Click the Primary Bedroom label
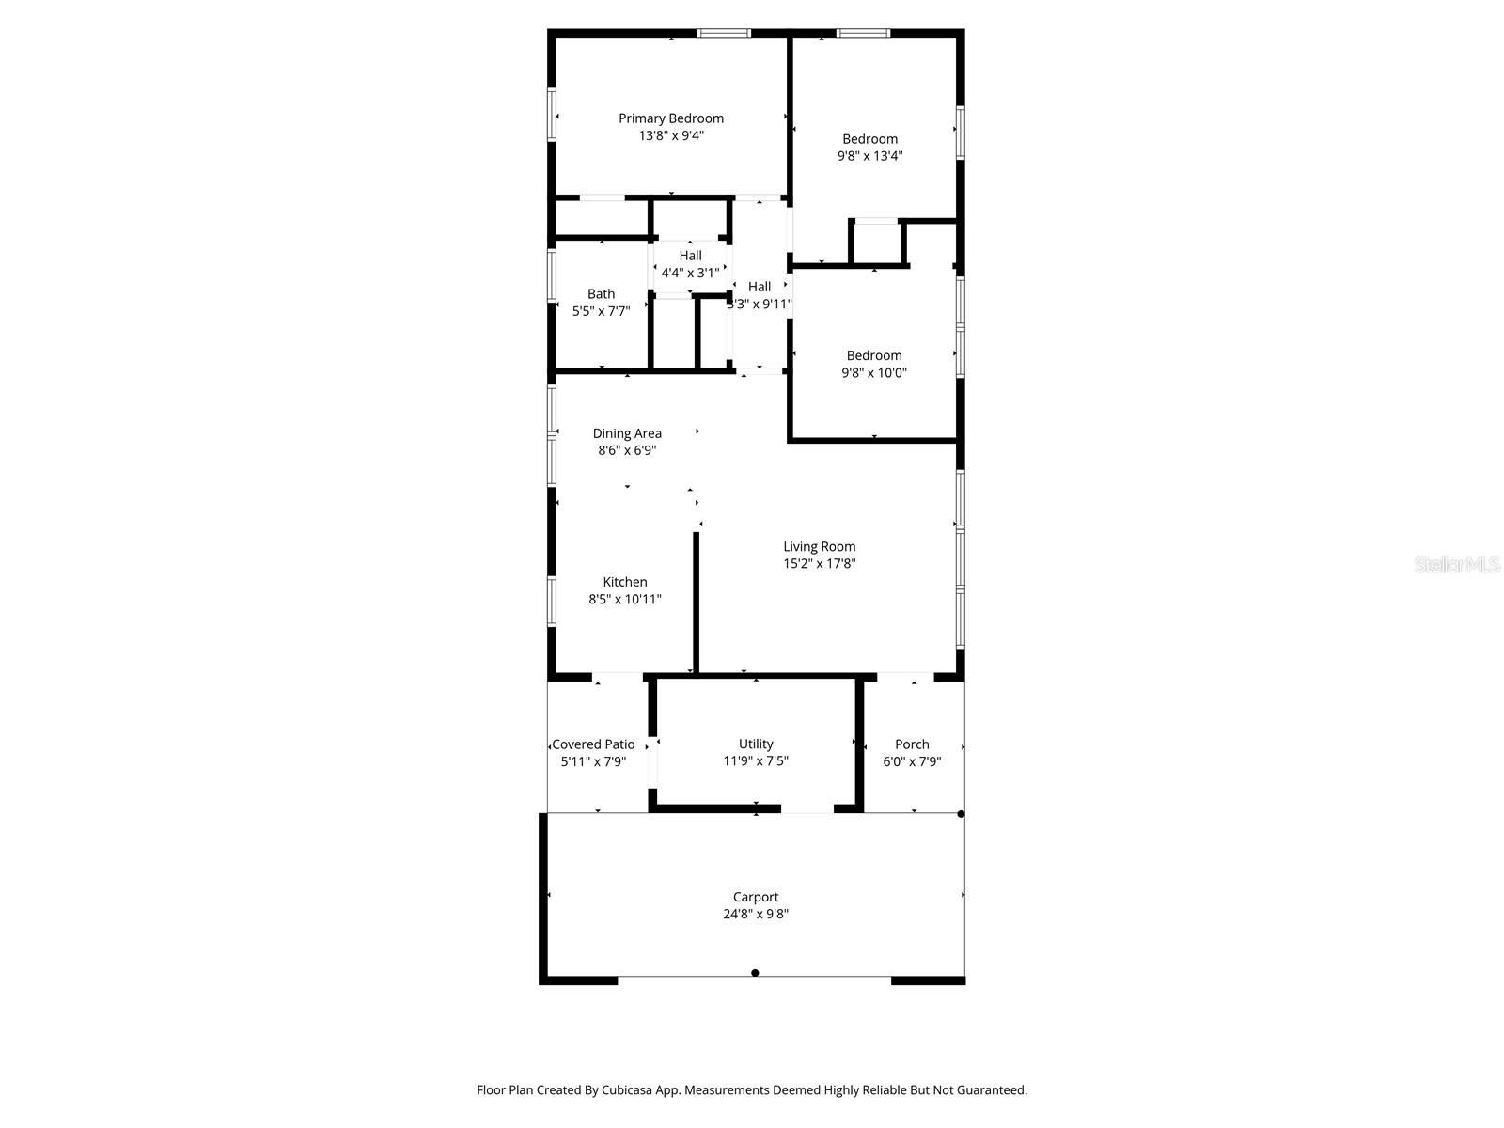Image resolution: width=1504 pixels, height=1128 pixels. click(670, 118)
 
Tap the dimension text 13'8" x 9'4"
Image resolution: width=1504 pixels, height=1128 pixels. click(671, 135)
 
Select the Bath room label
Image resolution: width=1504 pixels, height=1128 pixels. click(601, 294)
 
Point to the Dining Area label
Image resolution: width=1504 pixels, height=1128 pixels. click(627, 433)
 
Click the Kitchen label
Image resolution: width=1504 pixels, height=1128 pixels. click(625, 582)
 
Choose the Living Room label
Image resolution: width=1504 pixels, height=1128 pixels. click(820, 546)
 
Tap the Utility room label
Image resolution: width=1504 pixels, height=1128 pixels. click(756, 744)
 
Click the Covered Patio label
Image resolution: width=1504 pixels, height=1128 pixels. click(593, 744)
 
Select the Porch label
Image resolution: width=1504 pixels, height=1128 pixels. click(912, 744)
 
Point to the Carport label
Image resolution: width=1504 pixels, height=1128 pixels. click(756, 897)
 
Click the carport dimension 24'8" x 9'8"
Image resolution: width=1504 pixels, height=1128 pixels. click(756, 914)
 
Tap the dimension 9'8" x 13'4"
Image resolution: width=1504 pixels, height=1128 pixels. click(869, 156)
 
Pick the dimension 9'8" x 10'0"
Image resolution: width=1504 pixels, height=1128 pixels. click(874, 372)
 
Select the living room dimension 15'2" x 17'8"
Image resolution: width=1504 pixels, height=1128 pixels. click(820, 564)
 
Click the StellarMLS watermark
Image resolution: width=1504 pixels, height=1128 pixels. click(1458, 564)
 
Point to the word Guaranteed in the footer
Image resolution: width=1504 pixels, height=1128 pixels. click(995, 1090)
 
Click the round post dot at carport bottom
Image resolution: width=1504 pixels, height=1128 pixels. click(755, 973)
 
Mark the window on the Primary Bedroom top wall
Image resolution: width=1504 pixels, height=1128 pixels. click(724, 34)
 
